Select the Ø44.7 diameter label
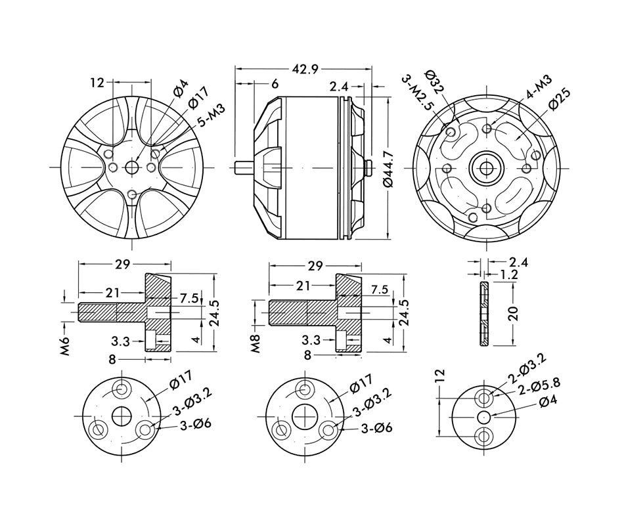coord(387,170)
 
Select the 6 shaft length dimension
coord(274,84)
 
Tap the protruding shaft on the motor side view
coord(244,167)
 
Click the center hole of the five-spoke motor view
coord(132,167)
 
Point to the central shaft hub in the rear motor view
coord(487,168)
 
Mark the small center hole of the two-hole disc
coord(485,416)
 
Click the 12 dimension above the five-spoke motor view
coord(97,83)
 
